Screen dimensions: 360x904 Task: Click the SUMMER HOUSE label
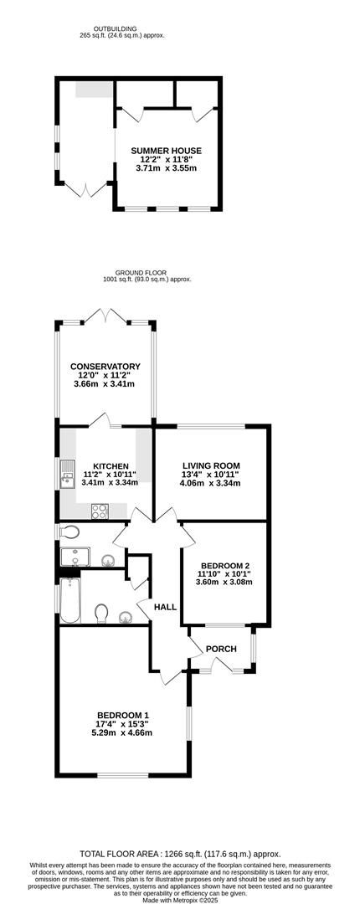pyautogui.click(x=166, y=151)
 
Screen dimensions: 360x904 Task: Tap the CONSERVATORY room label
pyautogui.click(x=105, y=366)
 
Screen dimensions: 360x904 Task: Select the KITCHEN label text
pyautogui.click(x=111, y=466)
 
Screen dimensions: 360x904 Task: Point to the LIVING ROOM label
pyautogui.click(x=211, y=466)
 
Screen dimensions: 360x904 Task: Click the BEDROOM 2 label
pyautogui.click(x=225, y=565)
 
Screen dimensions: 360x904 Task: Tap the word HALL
pyautogui.click(x=165, y=607)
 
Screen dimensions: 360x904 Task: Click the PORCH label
pyautogui.click(x=221, y=649)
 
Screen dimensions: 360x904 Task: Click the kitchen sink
pyautogui.click(x=68, y=474)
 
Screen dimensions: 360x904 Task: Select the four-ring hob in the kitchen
pyautogui.click(x=100, y=511)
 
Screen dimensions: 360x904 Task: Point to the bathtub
pyautogui.click(x=69, y=601)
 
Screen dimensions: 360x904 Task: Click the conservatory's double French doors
pyautogui.click(x=105, y=316)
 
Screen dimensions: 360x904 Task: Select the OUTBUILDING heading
pyautogui.click(x=116, y=28)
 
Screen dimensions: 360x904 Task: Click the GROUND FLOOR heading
pyautogui.click(x=132, y=272)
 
